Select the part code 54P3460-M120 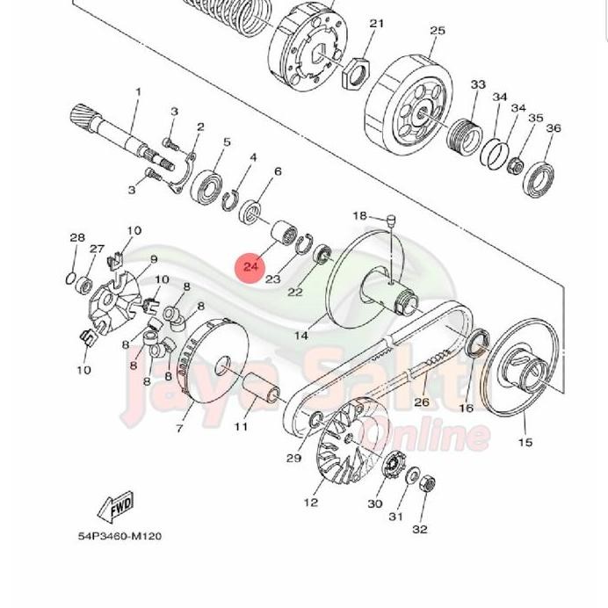(x=119, y=535)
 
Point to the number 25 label (x=438, y=31)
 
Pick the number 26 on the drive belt (x=422, y=402)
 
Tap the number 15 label (x=525, y=442)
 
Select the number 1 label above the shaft (x=138, y=91)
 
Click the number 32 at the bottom (x=420, y=529)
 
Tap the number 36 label (x=553, y=128)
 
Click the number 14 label (x=301, y=335)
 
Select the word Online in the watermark (x=436, y=434)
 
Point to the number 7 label (x=179, y=428)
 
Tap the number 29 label (x=293, y=458)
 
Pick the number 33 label (x=478, y=84)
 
